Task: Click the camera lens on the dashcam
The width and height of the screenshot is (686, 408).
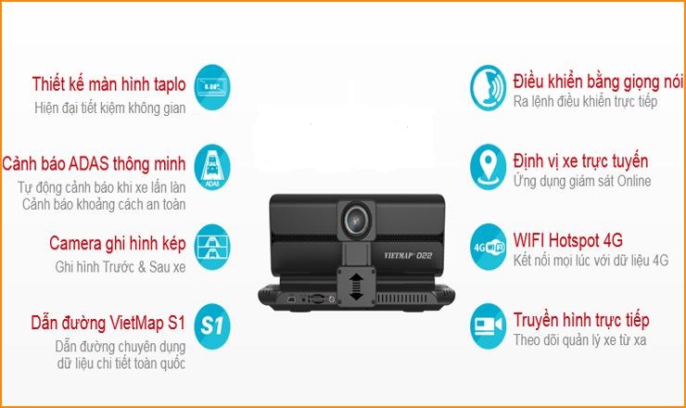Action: [x=355, y=218]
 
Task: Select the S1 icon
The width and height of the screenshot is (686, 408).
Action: [x=214, y=326]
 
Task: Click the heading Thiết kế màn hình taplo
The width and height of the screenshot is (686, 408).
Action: [x=108, y=86]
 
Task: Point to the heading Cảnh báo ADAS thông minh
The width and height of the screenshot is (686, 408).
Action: [x=95, y=164]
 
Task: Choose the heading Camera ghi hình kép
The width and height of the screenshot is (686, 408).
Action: [x=117, y=245]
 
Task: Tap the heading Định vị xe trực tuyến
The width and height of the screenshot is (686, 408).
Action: [x=580, y=161]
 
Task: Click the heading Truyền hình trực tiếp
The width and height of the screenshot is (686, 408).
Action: [x=581, y=321]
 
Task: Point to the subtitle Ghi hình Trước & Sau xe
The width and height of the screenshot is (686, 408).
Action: [x=120, y=266]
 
